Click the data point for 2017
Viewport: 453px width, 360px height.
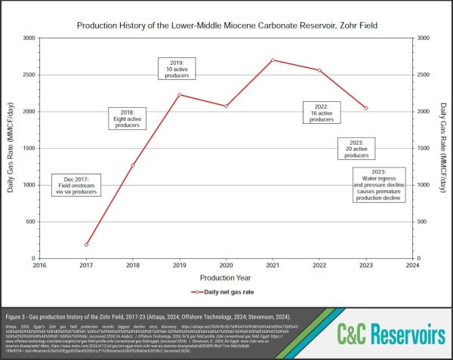point(87,245)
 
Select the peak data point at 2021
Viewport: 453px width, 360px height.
point(273,60)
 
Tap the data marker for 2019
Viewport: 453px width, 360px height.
point(180,95)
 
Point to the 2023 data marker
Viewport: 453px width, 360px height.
point(366,108)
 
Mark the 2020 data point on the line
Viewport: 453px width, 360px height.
point(226,106)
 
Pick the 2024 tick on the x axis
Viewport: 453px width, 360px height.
point(412,265)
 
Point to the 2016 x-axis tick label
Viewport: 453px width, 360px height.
point(41,265)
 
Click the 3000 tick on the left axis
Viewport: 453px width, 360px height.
point(28,38)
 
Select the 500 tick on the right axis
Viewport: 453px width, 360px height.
point(423,222)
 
